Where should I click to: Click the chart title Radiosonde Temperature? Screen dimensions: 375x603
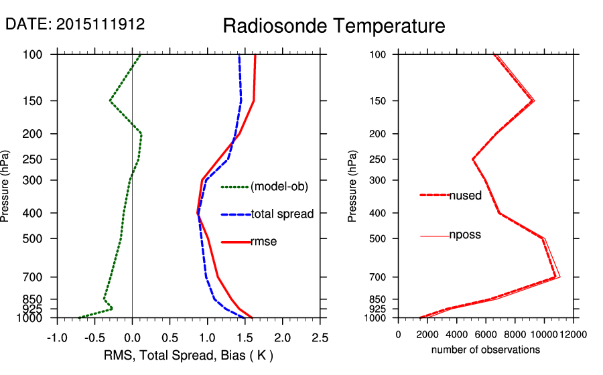tap(333, 26)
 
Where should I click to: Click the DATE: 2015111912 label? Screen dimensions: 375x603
tap(75, 24)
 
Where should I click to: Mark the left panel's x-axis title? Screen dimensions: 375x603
tap(189, 354)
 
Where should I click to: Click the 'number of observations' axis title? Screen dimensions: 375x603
tap(486, 350)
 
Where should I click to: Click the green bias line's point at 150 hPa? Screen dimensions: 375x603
tap(110, 101)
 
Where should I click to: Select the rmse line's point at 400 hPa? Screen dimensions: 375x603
tap(198, 213)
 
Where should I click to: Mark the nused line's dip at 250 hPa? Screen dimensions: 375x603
tap(473, 159)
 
